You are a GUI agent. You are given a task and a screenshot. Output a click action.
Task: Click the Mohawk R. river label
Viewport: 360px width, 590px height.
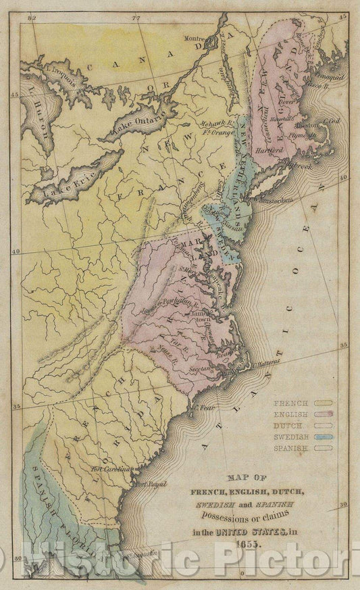tap(213, 123)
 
